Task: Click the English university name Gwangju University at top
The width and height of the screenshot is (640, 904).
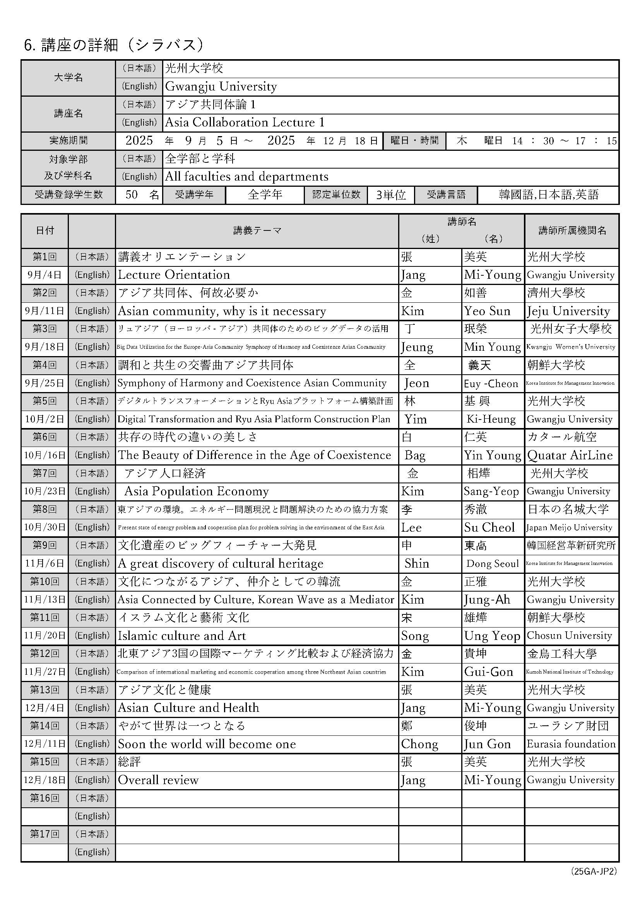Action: tap(221, 86)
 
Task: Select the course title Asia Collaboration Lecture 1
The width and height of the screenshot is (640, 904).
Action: tap(244, 123)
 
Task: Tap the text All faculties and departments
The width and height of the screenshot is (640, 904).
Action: tap(246, 176)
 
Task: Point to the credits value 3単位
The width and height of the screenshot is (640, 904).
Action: tap(390, 195)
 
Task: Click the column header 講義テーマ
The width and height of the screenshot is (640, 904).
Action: tap(257, 230)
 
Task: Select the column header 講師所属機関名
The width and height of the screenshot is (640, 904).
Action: tap(572, 230)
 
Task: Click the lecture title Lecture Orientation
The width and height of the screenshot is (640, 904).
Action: tap(174, 275)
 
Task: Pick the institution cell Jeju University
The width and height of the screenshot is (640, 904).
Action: tap(568, 311)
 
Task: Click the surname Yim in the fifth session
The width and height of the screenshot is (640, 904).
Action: tap(415, 419)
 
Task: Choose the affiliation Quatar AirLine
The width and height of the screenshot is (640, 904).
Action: tap(570, 455)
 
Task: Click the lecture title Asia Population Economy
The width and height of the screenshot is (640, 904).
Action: tap(196, 491)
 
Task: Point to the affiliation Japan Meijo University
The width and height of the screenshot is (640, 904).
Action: tap(569, 527)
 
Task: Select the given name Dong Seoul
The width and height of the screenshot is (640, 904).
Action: tap(492, 563)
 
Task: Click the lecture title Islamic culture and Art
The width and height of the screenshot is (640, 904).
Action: tap(182, 636)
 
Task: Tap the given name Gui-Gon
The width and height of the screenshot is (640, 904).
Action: tap(488, 672)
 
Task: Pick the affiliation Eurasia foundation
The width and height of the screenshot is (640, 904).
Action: tap(571, 744)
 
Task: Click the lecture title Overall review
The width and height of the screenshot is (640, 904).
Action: tap(158, 779)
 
